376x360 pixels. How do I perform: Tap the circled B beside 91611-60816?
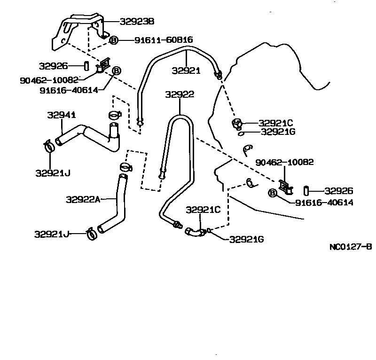114,40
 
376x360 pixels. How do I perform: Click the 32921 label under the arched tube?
186,71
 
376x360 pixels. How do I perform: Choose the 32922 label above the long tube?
180,94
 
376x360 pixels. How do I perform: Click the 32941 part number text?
62,115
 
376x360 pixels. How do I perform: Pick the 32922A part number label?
83,200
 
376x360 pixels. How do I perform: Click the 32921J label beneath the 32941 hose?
53,173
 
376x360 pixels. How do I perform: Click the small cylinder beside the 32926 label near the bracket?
87,65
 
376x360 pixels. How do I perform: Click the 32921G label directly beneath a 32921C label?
278,132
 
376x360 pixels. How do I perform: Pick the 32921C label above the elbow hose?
203,210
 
